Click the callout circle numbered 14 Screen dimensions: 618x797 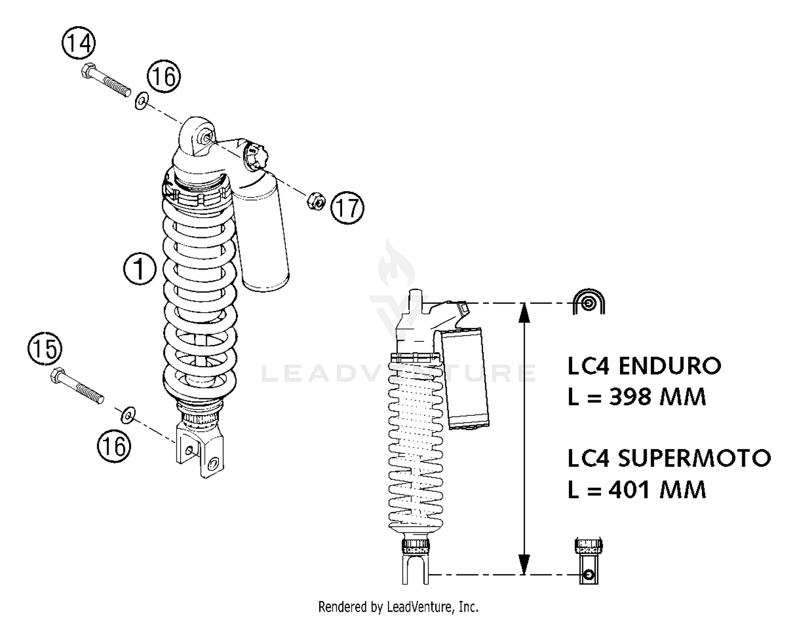[x=79, y=43]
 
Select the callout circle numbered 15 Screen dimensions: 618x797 [x=45, y=349]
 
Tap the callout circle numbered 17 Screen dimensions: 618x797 [x=347, y=207]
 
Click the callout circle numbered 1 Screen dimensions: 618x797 [x=140, y=269]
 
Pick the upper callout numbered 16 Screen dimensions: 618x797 [x=164, y=76]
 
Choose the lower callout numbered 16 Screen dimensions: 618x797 [x=114, y=446]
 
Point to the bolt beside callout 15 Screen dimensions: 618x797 [x=77, y=386]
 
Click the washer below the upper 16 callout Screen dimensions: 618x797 [x=141, y=100]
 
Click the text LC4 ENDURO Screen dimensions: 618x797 [x=644, y=366]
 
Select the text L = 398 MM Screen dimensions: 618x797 [x=637, y=397]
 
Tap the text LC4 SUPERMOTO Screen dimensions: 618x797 [x=668, y=458]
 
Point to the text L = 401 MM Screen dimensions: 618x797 [x=637, y=489]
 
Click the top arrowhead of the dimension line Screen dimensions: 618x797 [x=524, y=313]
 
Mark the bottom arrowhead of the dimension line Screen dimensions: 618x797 [x=524, y=564]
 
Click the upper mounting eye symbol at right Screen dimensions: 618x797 [x=589, y=303]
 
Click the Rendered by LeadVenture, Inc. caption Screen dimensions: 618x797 [x=398, y=606]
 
